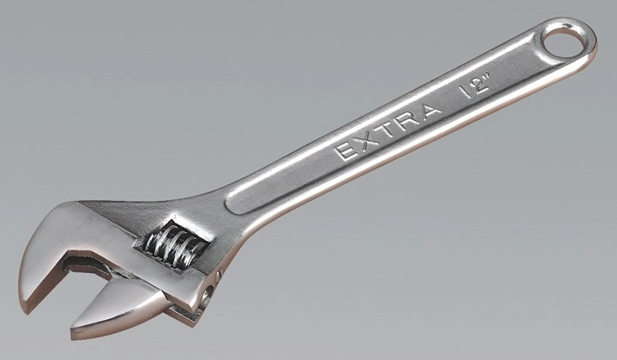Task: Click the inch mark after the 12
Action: pos(488,77)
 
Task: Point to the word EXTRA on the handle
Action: pos(389,131)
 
